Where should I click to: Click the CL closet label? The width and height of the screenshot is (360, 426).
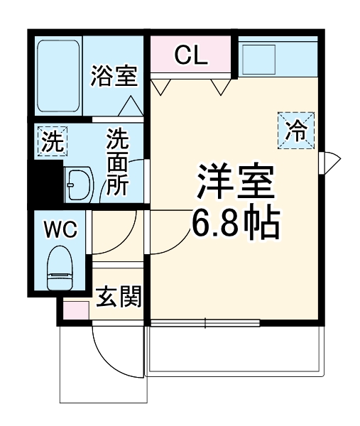pos(191,55)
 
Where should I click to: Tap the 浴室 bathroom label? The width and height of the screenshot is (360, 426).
pos(114,76)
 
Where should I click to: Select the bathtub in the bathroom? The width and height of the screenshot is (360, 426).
pos(59,75)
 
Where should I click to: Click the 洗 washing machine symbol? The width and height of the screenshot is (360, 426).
pos(51,141)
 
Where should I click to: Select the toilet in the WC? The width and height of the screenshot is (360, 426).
pos(60,269)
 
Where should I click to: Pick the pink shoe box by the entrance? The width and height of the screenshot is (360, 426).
pos(75,310)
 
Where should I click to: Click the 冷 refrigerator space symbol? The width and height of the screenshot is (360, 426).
pos(295,130)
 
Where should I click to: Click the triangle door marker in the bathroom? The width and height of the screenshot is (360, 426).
pos(129,106)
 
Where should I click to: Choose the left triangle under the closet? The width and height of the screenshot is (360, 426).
pos(161,87)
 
